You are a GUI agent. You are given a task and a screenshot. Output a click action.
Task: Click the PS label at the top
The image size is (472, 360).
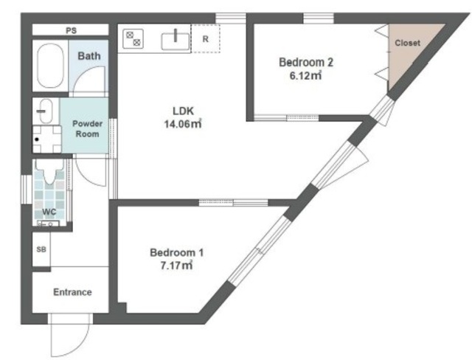pyautogui.click(x=72, y=30)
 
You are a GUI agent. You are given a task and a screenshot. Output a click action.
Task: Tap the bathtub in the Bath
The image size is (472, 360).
pyautogui.click(x=50, y=66)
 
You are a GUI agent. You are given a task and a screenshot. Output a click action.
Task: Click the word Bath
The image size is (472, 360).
pyautogui.click(x=89, y=56)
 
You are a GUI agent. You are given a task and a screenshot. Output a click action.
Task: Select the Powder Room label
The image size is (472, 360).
pyautogui.click(x=87, y=129)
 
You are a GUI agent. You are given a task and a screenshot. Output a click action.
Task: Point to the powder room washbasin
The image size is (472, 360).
pyautogui.click(x=46, y=111)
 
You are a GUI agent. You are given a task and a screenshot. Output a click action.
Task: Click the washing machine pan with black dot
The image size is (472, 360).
pyautogui.click(x=47, y=139)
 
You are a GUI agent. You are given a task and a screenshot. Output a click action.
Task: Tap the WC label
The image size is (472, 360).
pyautogui.click(x=49, y=212)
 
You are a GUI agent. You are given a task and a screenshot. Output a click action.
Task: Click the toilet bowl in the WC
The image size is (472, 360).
pyautogui.click(x=49, y=172)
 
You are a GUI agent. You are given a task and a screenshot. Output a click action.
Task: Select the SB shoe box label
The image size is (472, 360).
pyautogui.click(x=41, y=249)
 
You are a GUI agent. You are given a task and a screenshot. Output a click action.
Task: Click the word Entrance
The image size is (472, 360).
pyautogui.click(x=72, y=292)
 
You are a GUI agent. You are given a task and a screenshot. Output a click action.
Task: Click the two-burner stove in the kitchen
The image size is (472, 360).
pyautogui.click(x=133, y=39)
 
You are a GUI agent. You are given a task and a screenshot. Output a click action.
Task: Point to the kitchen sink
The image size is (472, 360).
pyautogui.click(x=176, y=41)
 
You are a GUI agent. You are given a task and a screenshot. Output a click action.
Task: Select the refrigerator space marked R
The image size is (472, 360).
pyautogui.click(x=206, y=39)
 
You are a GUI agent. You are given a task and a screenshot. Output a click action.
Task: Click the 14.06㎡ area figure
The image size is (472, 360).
pyautogui.click(x=183, y=124)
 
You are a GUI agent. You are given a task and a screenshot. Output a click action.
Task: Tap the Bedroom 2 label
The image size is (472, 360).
pyautogui.click(x=306, y=62)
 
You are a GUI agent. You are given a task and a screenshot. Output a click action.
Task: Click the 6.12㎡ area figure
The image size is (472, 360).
pyautogui.click(x=305, y=75)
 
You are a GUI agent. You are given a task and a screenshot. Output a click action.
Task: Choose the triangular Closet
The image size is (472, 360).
pyautogui.click(x=409, y=48)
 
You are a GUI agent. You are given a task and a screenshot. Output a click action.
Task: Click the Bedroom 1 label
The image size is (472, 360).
pyautogui.click(x=177, y=252)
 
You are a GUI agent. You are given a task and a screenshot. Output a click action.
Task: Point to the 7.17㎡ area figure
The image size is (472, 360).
pyautogui.click(x=176, y=266)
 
